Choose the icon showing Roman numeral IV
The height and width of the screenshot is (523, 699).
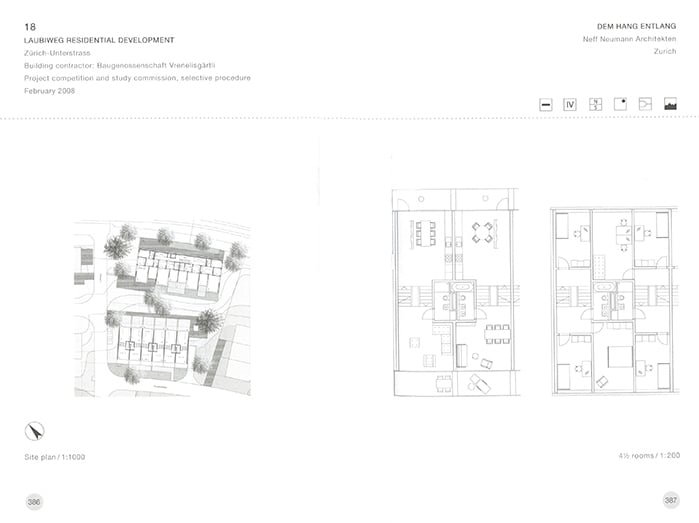570,103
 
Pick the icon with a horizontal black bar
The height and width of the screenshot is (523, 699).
545,103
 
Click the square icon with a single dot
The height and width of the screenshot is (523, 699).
620,103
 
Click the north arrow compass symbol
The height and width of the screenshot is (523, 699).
36,432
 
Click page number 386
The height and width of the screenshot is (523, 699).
34,500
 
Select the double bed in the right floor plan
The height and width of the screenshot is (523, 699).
619,356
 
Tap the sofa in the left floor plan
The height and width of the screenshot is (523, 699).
463,355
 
